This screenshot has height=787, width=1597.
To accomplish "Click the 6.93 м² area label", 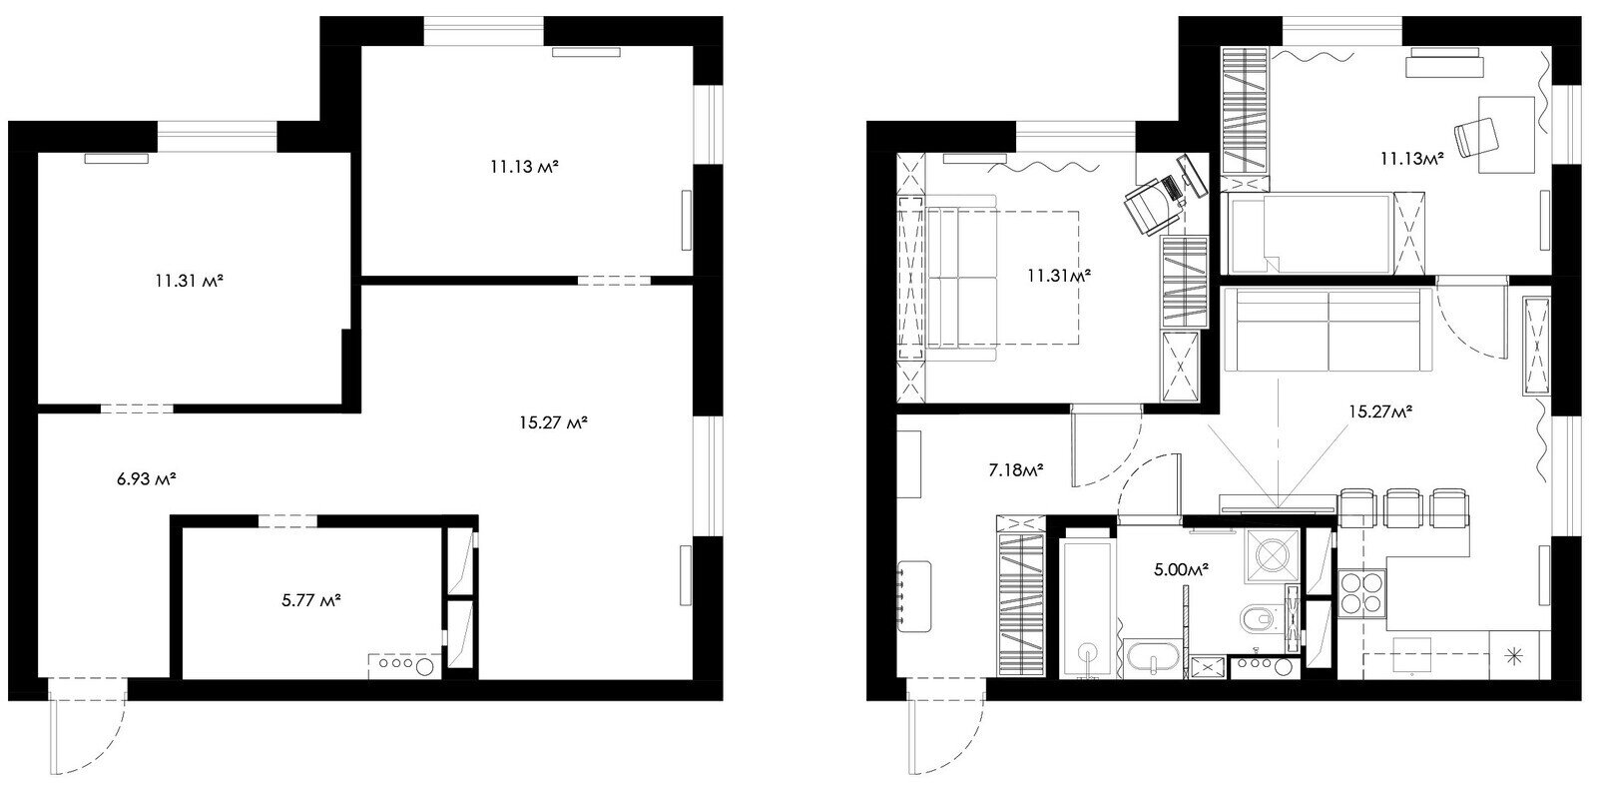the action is (147, 478).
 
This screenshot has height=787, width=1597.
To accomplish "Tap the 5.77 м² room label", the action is (310, 600).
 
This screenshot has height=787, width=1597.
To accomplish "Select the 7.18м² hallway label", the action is (1016, 470).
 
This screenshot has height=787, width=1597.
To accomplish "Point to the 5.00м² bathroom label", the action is (1182, 570).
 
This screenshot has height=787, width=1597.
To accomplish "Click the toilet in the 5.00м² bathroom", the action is (1261, 619).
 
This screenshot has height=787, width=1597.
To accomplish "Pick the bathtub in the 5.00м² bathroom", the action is (1087, 608).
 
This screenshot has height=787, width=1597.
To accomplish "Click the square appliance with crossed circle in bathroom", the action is (1273, 555).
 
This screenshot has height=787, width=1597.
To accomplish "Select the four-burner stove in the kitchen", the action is (1361, 593).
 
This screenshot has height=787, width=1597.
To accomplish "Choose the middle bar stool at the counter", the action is (1402, 507).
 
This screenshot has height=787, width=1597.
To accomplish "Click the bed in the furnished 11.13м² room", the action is (1309, 234).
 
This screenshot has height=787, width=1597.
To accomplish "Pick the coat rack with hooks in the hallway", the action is (913, 596).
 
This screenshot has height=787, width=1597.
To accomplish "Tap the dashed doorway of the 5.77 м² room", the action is (287, 521).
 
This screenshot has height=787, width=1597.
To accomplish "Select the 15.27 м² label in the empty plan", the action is (553, 423).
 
